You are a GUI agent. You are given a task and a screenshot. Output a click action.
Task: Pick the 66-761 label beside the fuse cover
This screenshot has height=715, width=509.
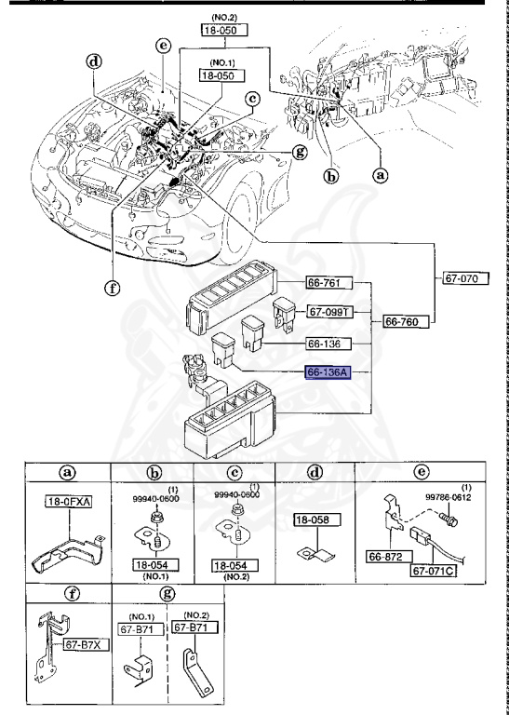(x=327, y=282)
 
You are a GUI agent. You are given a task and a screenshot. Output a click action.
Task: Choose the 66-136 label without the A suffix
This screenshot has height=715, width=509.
(x=327, y=343)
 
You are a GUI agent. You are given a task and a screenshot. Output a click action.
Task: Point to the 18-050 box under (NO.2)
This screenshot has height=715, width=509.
(x=221, y=30)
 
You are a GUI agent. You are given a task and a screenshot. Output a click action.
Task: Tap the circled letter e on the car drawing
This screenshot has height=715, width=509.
(x=163, y=45)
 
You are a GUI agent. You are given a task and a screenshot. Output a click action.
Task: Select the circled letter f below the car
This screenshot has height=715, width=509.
(x=112, y=287)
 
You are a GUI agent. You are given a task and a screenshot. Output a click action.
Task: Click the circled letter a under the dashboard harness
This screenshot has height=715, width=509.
(x=380, y=173)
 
